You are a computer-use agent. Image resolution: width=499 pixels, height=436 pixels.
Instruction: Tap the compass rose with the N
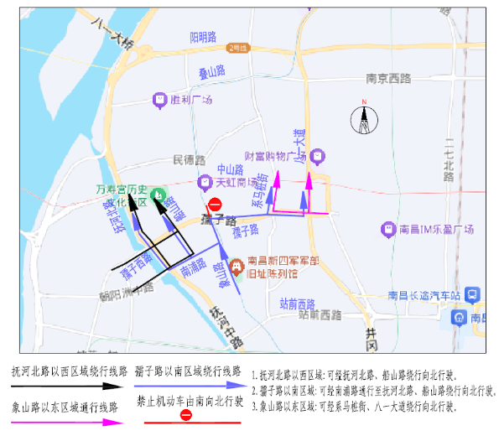364,120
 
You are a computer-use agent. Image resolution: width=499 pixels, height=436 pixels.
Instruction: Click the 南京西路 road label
389,79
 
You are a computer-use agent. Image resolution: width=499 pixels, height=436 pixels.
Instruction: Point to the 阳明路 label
203,37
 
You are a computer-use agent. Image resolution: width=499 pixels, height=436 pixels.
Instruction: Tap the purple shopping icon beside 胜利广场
159,100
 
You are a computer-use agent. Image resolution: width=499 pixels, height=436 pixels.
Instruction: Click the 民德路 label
189,159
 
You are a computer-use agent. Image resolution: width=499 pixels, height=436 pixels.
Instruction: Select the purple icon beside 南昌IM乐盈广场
388,229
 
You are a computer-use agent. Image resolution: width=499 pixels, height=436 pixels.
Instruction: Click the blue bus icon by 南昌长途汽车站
473,295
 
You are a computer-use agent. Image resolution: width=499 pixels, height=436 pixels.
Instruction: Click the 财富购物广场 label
274,156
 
